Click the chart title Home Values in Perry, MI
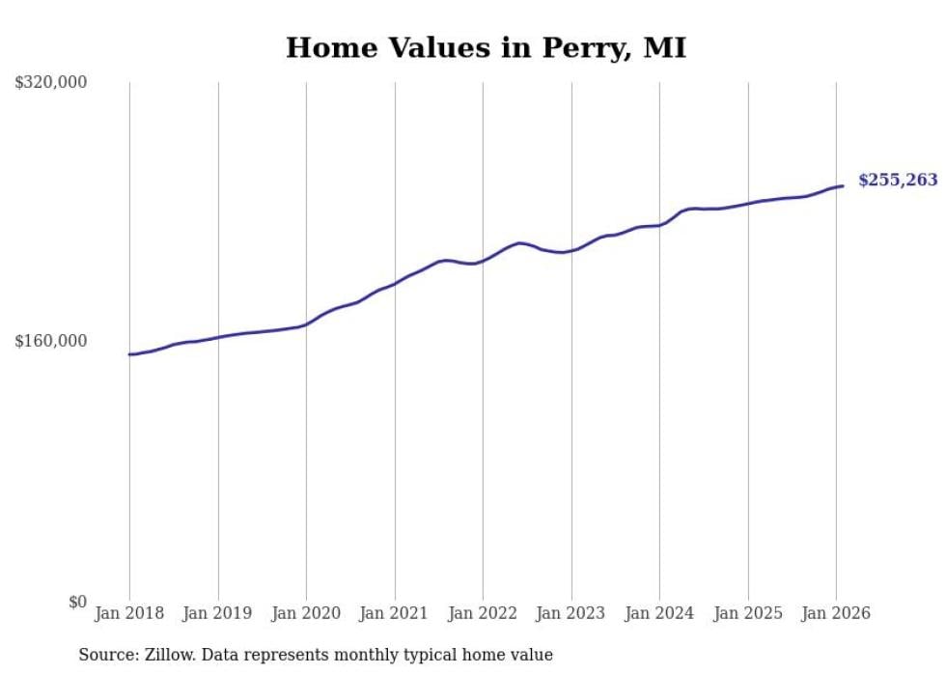click(x=486, y=47)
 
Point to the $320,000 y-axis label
click(x=51, y=83)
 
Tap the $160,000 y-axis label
click(x=51, y=341)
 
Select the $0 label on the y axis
click(x=77, y=602)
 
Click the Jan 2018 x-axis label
click(x=129, y=613)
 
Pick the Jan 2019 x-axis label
click(x=218, y=613)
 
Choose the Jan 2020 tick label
click(x=306, y=613)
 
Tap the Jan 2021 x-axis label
click(x=395, y=613)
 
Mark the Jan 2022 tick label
click(x=483, y=613)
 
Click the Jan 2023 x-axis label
click(x=571, y=613)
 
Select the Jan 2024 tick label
click(x=659, y=613)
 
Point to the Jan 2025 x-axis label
click(x=748, y=613)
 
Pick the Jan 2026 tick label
click(x=836, y=613)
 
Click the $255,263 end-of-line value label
click(x=898, y=180)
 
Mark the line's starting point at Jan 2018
click(x=129, y=354)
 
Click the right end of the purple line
click(x=843, y=185)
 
